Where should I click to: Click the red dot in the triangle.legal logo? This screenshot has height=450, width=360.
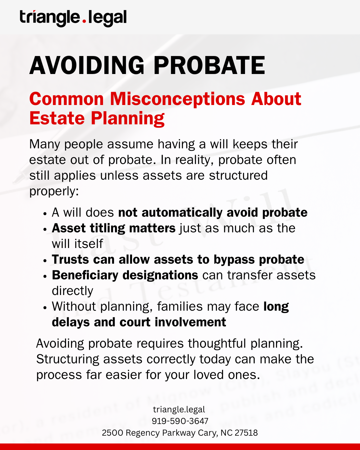tap(84, 21)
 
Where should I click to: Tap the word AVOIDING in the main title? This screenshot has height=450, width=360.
tap(87, 65)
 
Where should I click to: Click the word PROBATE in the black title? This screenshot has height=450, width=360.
tap(209, 65)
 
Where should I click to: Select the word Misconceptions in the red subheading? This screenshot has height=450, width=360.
tap(177, 99)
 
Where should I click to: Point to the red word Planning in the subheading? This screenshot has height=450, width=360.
tap(128, 118)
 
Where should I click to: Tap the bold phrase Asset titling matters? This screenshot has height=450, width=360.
tap(114, 228)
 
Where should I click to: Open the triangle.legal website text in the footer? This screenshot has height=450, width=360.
tap(179, 409)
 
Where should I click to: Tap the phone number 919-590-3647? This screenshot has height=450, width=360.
tap(180, 421)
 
